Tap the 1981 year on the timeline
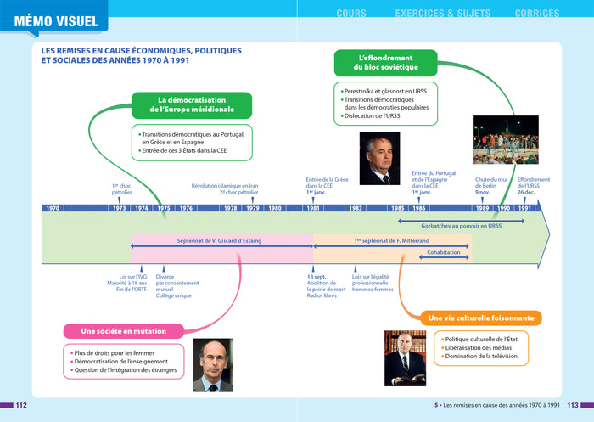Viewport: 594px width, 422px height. pos(314,208)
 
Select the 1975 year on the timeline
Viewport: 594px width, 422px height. pos(164,208)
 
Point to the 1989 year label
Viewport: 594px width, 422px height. pos(482,208)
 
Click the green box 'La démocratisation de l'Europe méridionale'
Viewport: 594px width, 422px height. pos(192,104)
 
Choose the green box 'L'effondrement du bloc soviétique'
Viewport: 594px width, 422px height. pos(386,62)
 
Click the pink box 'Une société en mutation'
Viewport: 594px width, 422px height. pos(123,331)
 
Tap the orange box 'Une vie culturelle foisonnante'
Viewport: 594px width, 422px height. pos(481,318)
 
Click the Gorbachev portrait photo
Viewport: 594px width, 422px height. pos(379,158)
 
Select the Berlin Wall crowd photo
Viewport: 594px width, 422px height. pos(506,139)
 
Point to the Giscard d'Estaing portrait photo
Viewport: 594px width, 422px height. pos(213,365)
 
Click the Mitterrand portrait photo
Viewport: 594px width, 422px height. pos(406,357)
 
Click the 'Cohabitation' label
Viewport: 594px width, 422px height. pos(444,252)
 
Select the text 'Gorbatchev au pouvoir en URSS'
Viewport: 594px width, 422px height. pos(460,226)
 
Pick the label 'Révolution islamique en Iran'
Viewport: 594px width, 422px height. pos(225,186)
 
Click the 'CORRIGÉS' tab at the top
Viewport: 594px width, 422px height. pos(536,13)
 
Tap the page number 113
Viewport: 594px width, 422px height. pos(573,405)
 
